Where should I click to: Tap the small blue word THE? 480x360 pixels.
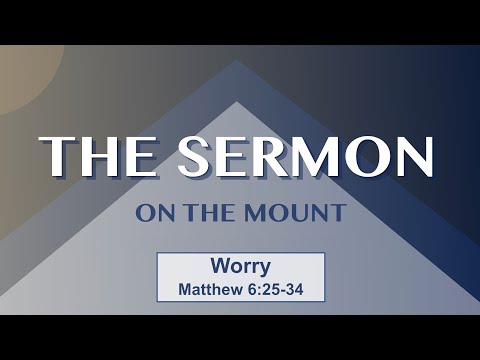pyautogui.click(x=205, y=213)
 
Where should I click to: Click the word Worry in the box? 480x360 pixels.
pyautogui.click(x=240, y=268)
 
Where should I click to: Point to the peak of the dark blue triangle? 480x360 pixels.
pyautogui.click(x=237, y=62)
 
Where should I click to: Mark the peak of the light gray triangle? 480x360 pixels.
pyautogui.click(x=237, y=102)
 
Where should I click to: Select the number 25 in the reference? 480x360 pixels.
pyautogui.click(x=271, y=291)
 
